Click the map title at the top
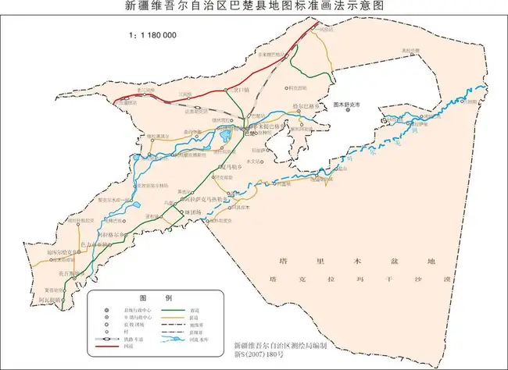pyautogui.click(x=255, y=8)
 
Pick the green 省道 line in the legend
pyautogui.click(x=181, y=310)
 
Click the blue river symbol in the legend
pyautogui.click(x=181, y=340)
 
